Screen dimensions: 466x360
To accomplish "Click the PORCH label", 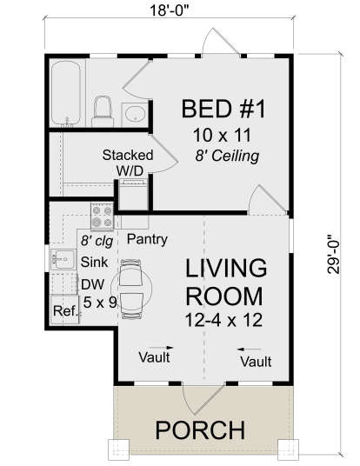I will click(201, 429).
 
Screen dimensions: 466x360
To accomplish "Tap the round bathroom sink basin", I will click(135, 113).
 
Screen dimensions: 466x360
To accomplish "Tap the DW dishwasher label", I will click(91, 283).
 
